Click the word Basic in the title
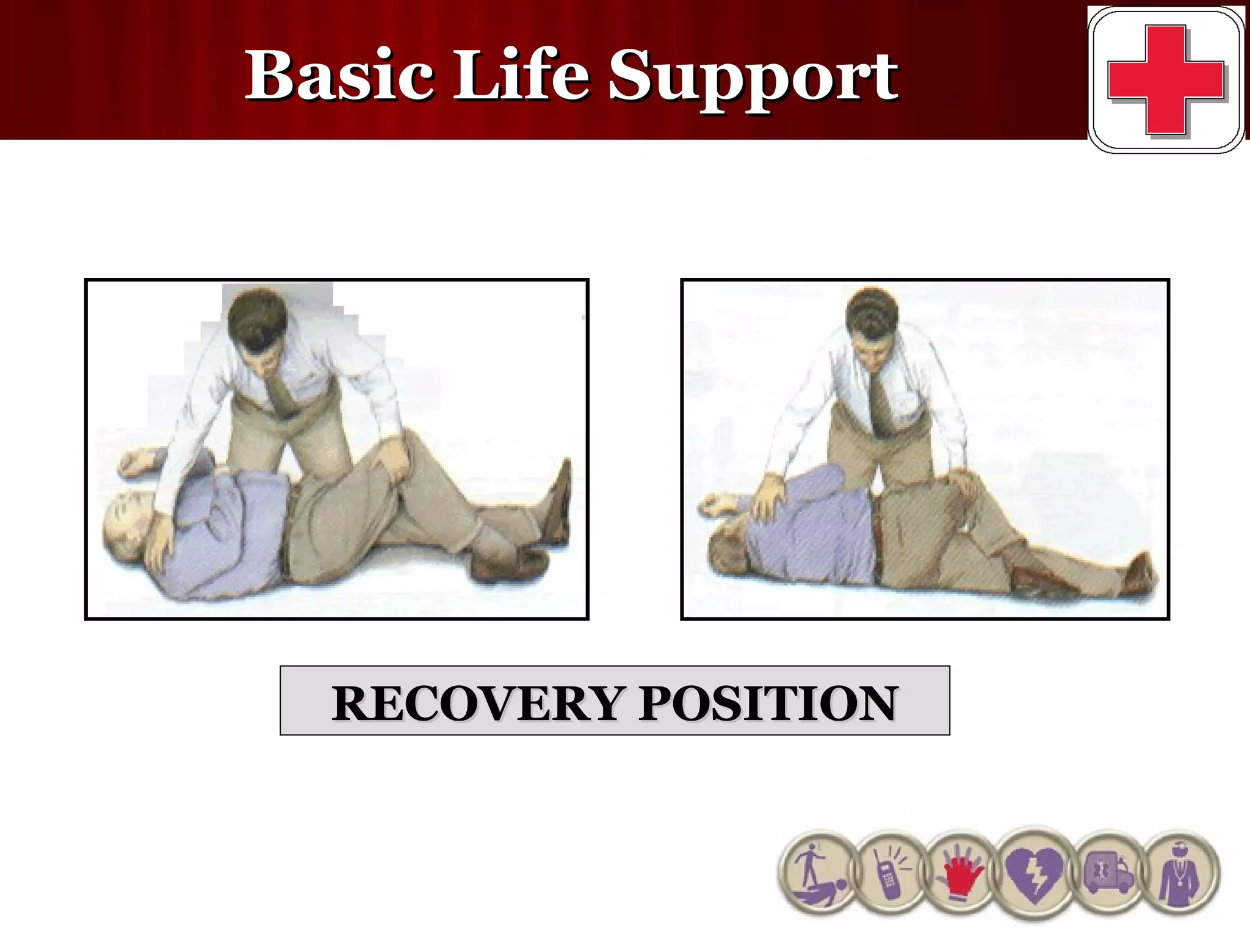point(339,76)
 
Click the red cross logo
point(1165,80)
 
